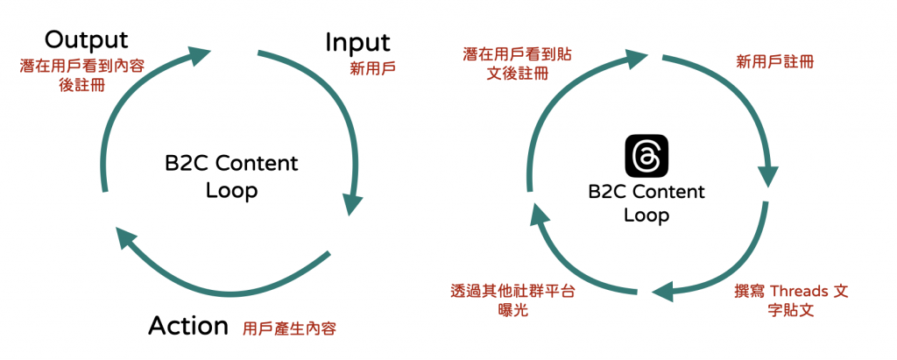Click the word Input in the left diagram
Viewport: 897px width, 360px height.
click(x=357, y=42)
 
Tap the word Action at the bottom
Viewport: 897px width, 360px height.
click(x=188, y=326)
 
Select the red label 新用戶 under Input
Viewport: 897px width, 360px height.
click(x=371, y=67)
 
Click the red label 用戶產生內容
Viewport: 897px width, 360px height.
click(x=290, y=329)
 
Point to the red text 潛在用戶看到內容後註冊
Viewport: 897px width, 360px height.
click(x=83, y=76)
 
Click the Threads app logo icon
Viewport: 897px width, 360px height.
click(x=646, y=157)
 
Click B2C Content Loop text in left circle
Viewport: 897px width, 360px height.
click(x=231, y=176)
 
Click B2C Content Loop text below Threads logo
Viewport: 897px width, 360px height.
click(x=646, y=203)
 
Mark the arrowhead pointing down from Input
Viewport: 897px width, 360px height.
click(x=352, y=203)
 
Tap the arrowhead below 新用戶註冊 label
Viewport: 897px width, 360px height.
click(x=769, y=175)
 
